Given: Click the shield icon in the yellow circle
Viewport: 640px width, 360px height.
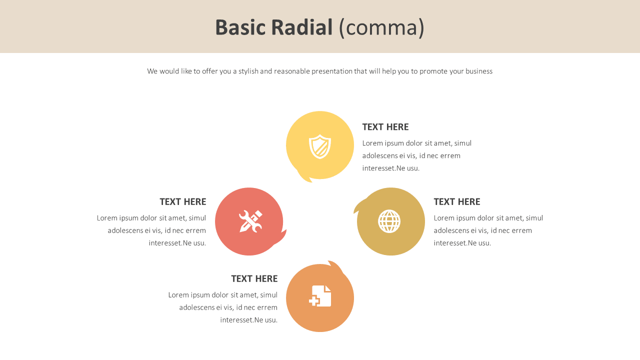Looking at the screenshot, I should [x=320, y=146].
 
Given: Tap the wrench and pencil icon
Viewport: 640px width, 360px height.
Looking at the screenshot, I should [x=250, y=221].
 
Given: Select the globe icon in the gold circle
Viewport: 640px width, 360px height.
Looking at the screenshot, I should [x=389, y=221].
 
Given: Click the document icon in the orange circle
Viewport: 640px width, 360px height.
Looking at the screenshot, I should [x=320, y=296].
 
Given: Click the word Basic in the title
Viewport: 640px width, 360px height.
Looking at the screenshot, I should [x=239, y=27].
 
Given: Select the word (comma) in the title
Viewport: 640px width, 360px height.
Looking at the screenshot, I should [x=381, y=27].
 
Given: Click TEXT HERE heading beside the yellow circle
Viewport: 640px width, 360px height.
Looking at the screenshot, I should [x=385, y=127].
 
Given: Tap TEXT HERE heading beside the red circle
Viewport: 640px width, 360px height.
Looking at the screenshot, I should [x=183, y=202].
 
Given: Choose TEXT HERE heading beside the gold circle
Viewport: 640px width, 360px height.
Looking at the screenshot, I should [x=457, y=202].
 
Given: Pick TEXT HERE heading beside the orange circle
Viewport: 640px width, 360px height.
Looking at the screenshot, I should [x=254, y=279].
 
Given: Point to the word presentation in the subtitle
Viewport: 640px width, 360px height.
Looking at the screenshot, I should [x=332, y=71].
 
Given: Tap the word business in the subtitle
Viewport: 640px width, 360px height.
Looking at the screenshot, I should [x=479, y=71].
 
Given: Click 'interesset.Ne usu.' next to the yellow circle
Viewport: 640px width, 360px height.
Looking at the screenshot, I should [x=391, y=168].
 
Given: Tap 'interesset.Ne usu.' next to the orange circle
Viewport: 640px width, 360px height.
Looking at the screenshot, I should [x=249, y=320].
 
